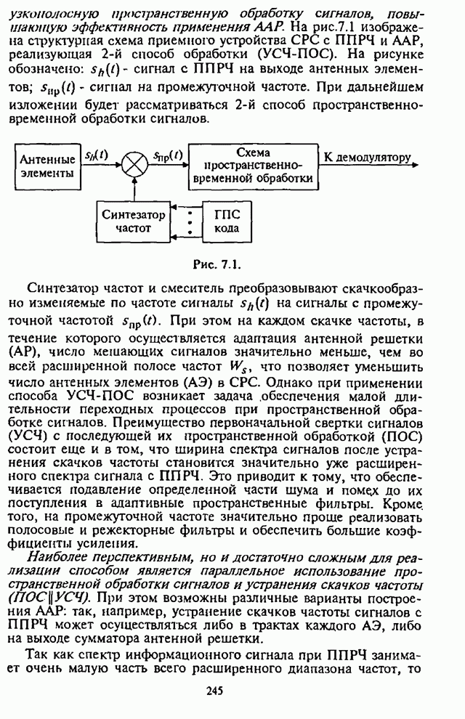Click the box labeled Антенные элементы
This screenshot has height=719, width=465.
(46, 166)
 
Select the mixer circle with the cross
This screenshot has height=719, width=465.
(133, 166)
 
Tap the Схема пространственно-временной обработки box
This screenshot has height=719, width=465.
(254, 165)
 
